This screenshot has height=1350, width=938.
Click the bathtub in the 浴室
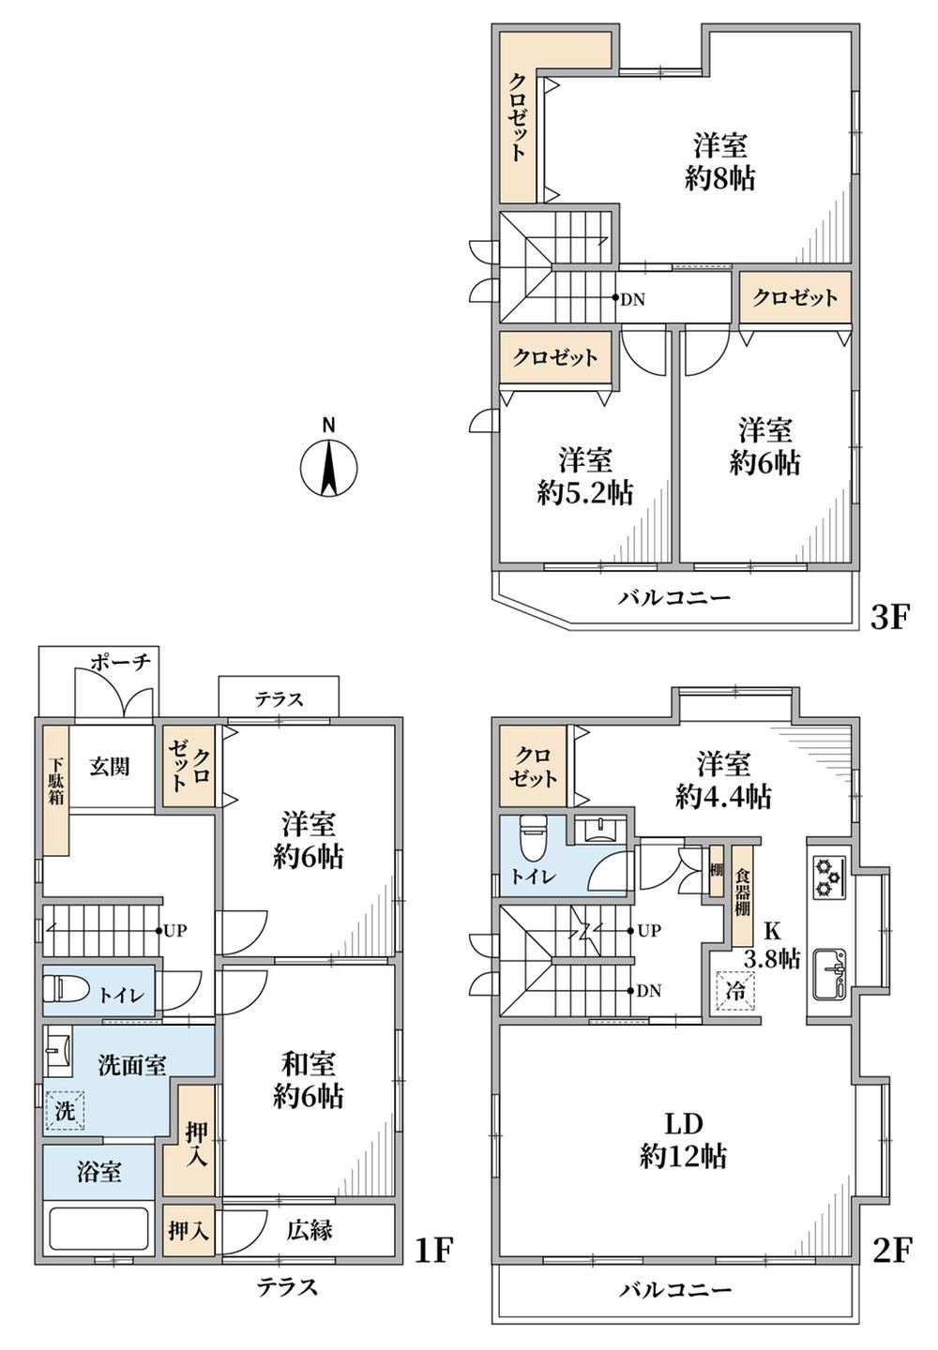click(x=98, y=1229)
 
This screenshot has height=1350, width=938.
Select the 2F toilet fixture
click(x=531, y=838)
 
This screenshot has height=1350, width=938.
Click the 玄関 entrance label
click(x=110, y=767)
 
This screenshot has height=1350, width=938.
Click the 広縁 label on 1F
click(x=310, y=1230)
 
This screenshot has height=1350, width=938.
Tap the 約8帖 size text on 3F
click(x=719, y=178)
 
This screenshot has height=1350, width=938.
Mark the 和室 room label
click(x=308, y=1063)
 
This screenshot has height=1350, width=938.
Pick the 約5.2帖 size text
click(x=584, y=494)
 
